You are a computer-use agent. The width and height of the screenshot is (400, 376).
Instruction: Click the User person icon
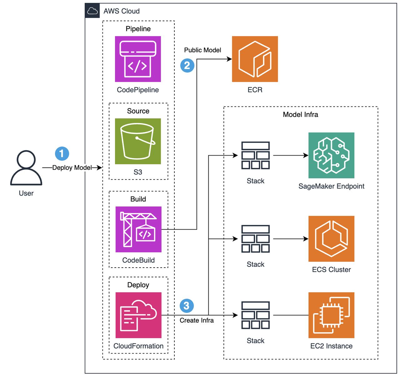point(26,168)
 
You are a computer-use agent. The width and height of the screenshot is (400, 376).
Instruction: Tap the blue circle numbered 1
point(62,154)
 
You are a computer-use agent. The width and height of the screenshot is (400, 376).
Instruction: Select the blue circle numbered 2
point(187,66)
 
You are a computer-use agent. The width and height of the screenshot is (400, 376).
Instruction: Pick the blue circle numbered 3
point(187,306)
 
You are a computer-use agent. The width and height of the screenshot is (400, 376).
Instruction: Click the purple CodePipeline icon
point(138,59)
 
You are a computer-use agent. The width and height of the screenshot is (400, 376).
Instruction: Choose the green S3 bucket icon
point(138,141)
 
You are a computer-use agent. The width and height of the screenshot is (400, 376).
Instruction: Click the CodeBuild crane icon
point(138,229)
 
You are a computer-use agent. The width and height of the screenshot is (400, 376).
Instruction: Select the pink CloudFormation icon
point(138,315)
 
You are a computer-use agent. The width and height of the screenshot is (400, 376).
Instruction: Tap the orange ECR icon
point(255,59)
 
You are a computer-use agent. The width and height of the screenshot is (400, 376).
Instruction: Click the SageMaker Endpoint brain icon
point(331,155)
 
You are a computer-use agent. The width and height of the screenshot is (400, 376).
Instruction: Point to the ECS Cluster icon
point(331,239)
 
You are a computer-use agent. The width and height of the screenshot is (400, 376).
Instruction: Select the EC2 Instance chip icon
point(331,315)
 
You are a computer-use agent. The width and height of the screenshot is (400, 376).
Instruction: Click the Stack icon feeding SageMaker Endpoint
point(255,156)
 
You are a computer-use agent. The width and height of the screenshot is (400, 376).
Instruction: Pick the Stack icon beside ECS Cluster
point(255,239)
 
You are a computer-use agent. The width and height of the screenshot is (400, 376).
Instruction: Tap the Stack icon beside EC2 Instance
point(255,315)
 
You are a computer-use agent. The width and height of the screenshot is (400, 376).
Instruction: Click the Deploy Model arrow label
point(72,168)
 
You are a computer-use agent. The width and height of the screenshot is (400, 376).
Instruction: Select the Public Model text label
point(202,50)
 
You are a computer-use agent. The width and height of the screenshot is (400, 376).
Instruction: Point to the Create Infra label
point(197,320)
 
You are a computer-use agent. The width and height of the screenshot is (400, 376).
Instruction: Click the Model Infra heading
point(300,115)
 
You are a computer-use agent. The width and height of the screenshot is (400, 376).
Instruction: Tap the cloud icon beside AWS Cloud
point(92,11)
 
